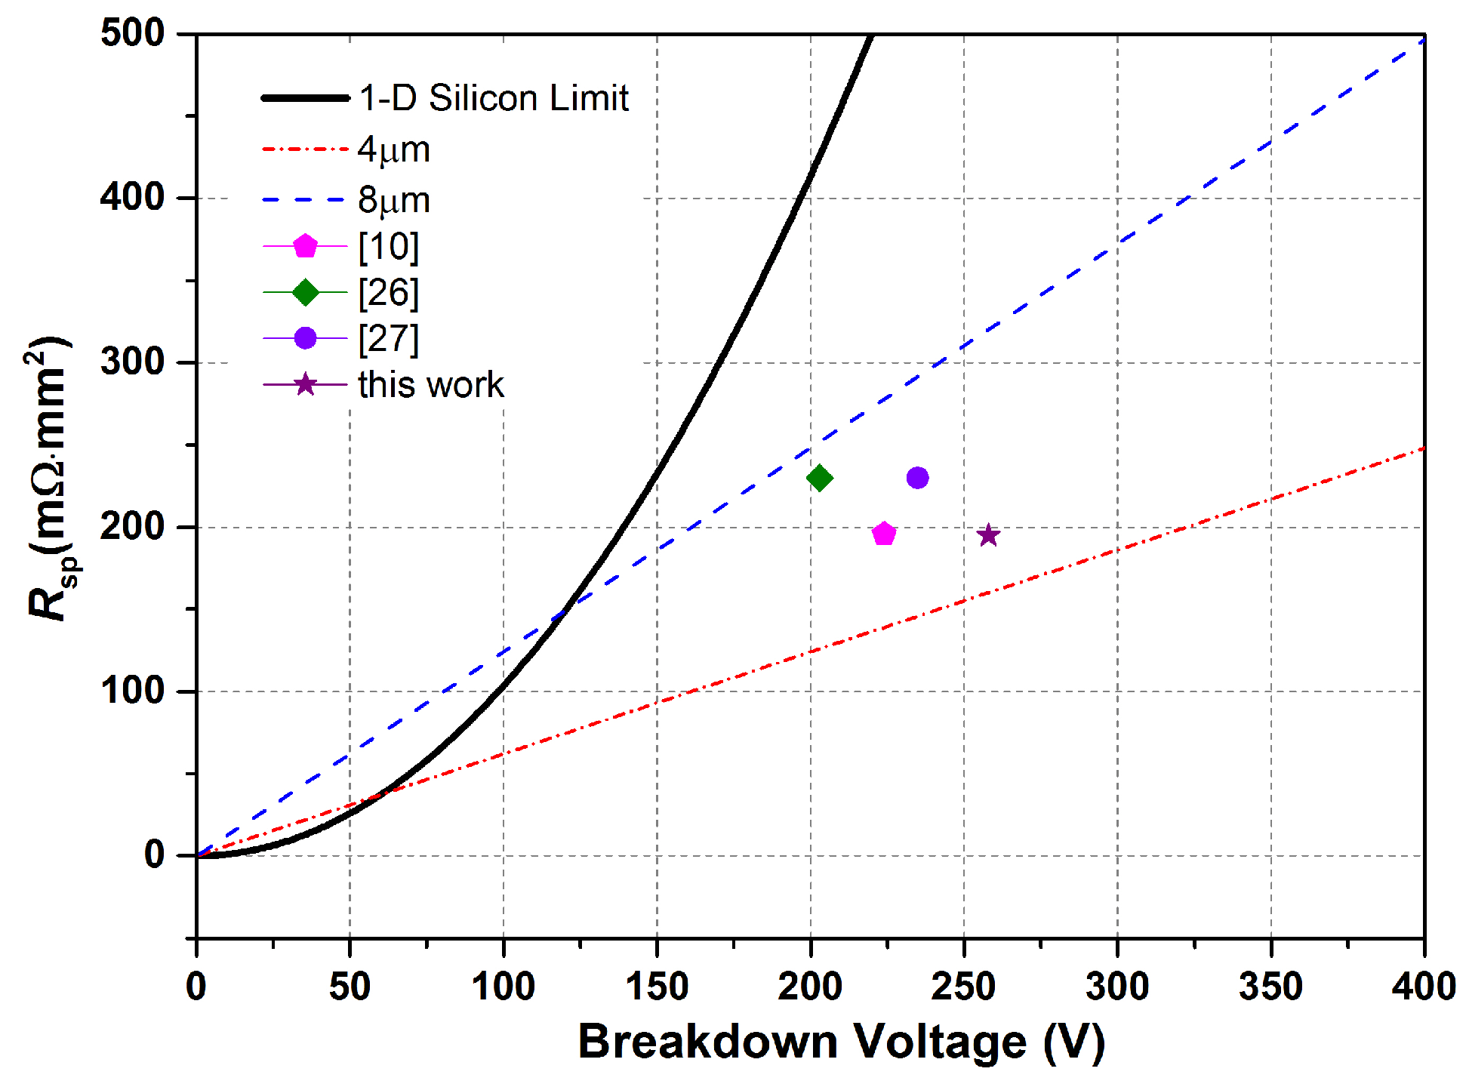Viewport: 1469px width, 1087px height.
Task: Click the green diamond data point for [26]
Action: (x=819, y=478)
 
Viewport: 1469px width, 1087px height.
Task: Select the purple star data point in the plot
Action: (x=988, y=535)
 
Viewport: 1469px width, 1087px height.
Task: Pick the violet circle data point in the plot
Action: (x=917, y=478)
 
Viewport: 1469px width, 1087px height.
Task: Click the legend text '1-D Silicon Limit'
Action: (x=494, y=98)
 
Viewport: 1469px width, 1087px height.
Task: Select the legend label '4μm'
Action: (x=394, y=149)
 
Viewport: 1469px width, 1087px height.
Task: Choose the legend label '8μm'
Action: (x=394, y=200)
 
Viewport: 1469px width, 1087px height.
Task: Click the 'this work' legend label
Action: (x=430, y=385)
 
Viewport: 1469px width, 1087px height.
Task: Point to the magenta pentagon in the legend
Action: (x=305, y=246)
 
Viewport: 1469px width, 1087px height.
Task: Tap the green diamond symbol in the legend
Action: (x=305, y=292)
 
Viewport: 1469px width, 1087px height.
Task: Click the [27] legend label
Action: (x=388, y=339)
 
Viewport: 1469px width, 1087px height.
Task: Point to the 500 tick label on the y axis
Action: (x=133, y=33)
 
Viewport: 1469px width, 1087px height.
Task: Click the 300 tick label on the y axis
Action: (x=133, y=362)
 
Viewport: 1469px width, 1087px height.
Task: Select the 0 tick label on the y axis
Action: (x=155, y=855)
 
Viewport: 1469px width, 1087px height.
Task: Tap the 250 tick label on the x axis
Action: (x=963, y=986)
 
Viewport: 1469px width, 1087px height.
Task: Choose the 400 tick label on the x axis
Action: (x=1424, y=986)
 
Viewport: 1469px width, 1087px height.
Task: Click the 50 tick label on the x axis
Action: (x=350, y=986)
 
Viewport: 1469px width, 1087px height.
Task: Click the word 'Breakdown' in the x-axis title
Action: (x=707, y=1042)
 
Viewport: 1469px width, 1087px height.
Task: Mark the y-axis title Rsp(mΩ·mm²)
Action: (x=51, y=479)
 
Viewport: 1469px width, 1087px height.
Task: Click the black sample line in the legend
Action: (x=305, y=98)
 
